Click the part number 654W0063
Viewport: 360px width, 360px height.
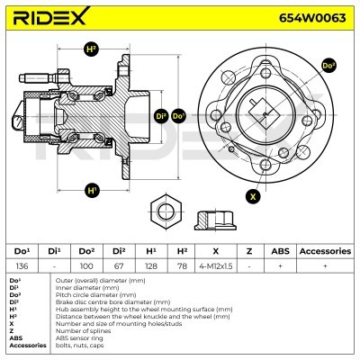tap(312, 18)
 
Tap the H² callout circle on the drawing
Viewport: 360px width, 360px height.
tap(92, 49)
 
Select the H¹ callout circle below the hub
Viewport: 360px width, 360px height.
tap(92, 190)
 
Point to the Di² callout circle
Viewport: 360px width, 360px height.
tap(162, 115)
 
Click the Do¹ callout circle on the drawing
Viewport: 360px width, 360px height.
tap(178, 115)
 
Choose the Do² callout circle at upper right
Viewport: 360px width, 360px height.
tap(328, 66)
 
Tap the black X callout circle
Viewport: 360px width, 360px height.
tap(253, 196)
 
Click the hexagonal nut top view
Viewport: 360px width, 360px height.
tap(166, 212)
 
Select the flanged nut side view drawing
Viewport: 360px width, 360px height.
tap(215, 220)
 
